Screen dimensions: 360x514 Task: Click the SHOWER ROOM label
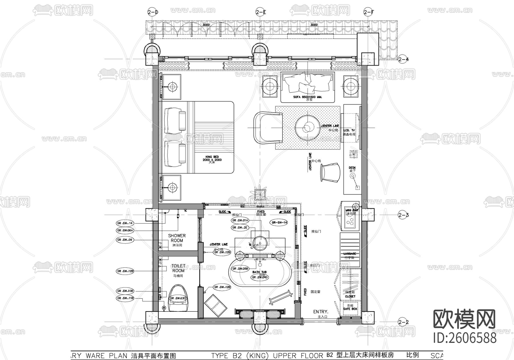[177, 238]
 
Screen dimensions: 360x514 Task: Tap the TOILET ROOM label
[178, 268]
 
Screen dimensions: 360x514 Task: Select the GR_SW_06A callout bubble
[125, 230]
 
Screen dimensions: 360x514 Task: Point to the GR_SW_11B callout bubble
[125, 298]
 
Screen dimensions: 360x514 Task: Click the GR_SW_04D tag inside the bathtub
[260, 277]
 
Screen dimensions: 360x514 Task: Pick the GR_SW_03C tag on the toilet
[178, 298]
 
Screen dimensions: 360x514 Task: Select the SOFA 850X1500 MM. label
[308, 97]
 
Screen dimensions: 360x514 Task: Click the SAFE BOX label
[350, 309]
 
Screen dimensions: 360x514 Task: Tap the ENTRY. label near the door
[320, 312]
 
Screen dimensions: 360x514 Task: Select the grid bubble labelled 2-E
[261, 12]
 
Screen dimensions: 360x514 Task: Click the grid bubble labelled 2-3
[403, 215]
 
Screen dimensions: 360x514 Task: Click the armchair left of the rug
[267, 127]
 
